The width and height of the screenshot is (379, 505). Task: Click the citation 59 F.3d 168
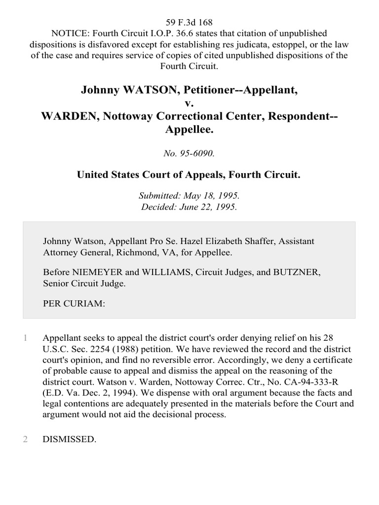[x=189, y=23]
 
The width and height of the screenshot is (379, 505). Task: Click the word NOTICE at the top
[x=67, y=34]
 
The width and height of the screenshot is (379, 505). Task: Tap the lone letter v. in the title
[x=189, y=104]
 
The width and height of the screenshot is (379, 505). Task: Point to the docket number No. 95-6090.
[x=189, y=153]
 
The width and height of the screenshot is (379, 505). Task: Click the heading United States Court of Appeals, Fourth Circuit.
[x=189, y=174]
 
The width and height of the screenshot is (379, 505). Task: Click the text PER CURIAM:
[x=74, y=304]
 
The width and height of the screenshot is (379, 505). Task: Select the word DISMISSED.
[x=69, y=439]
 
